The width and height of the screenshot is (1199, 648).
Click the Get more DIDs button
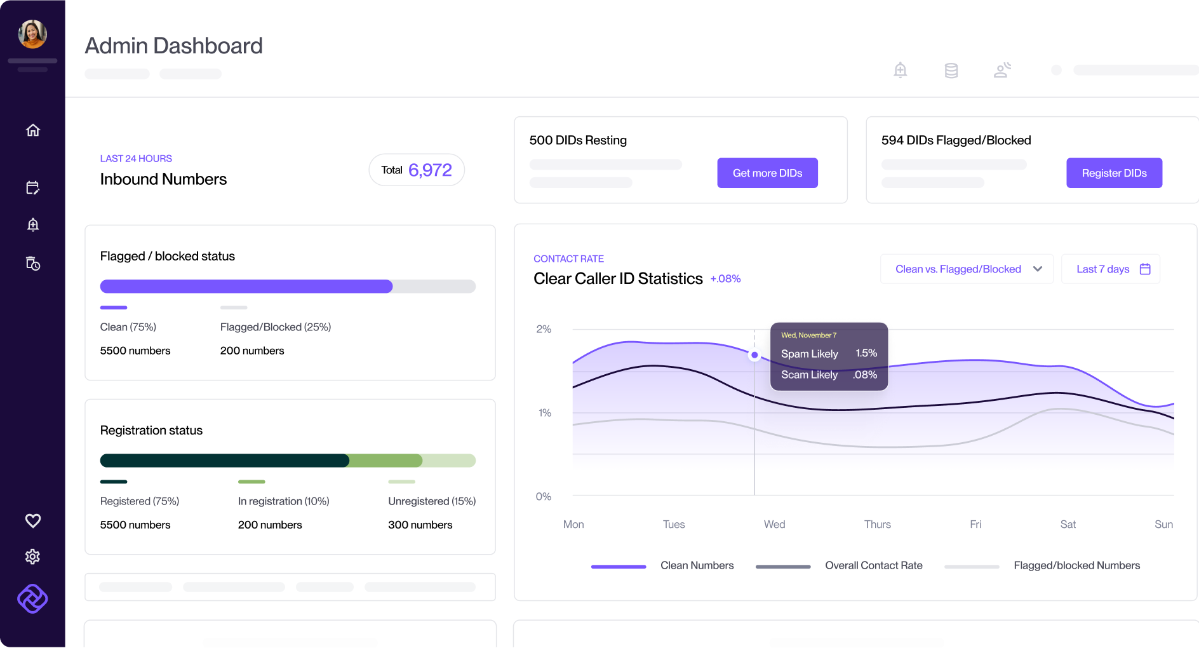point(767,173)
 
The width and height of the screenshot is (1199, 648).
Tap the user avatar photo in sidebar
point(32,34)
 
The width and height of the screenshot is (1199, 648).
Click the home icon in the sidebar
point(33,130)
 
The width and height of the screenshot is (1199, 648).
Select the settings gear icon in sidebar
point(33,557)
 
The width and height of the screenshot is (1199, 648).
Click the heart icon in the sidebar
point(33,520)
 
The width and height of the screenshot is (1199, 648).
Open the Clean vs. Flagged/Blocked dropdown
point(967,269)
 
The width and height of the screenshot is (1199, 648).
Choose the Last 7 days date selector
point(1111,269)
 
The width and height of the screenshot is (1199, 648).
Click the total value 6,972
point(430,170)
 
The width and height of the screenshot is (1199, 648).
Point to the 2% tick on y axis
point(544,329)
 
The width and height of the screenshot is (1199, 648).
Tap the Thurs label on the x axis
point(877,524)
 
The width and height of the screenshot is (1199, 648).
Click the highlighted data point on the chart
point(754,355)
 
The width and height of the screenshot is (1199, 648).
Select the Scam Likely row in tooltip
point(828,375)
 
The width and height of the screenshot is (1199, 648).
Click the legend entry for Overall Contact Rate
point(873,565)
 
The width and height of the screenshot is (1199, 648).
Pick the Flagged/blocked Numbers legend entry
point(1076,565)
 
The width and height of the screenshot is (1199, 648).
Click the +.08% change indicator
point(725,279)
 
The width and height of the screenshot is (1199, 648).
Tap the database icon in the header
point(951,71)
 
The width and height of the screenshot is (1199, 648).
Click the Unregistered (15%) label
point(432,501)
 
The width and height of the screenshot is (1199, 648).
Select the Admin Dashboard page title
point(173,46)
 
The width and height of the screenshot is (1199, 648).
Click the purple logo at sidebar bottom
point(33,598)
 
